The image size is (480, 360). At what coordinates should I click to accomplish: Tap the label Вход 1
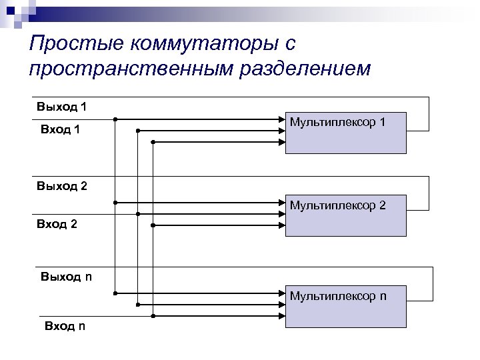[61, 129]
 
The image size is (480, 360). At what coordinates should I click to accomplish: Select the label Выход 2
[62, 186]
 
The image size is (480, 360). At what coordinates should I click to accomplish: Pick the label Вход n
[65, 326]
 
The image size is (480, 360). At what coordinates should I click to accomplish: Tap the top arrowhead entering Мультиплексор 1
[282, 120]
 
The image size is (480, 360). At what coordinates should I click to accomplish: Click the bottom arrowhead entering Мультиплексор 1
[282, 142]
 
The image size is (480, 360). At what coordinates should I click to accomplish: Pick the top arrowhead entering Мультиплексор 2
[282, 202]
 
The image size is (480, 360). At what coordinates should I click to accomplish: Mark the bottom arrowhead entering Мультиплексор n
[282, 315]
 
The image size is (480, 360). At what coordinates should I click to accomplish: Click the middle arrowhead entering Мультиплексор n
[282, 305]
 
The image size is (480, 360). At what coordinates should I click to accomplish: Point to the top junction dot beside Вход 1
[115, 120]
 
